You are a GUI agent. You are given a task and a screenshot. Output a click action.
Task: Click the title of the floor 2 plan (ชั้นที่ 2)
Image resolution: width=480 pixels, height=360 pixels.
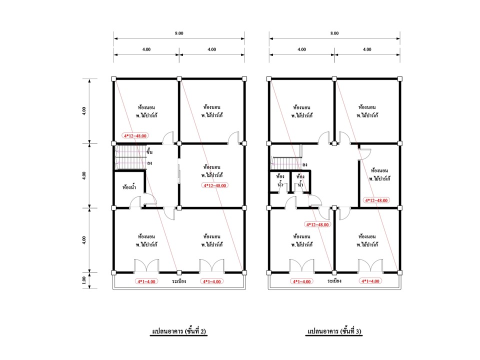coord(179,331)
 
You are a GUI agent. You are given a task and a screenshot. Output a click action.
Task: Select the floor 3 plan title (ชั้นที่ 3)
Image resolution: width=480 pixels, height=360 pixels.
coord(334,331)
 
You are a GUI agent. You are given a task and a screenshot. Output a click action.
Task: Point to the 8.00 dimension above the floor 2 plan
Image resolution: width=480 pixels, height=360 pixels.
coord(179,33)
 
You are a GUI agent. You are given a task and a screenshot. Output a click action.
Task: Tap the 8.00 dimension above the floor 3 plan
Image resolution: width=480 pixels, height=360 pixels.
coord(334,33)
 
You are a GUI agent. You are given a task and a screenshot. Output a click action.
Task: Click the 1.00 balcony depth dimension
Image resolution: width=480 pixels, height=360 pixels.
coord(84,280)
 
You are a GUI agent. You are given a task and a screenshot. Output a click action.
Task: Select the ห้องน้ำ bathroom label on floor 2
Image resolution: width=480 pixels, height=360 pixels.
coord(129,186)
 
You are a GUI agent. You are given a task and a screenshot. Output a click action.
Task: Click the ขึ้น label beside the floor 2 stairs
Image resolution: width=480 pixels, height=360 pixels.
coord(149,151)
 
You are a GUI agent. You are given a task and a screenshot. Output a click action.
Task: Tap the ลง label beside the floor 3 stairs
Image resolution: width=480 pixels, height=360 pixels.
coord(304,164)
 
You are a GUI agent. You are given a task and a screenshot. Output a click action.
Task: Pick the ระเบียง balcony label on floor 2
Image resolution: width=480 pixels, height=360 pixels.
coord(179,281)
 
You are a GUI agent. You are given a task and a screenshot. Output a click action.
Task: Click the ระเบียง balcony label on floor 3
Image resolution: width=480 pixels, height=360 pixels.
coord(334,280)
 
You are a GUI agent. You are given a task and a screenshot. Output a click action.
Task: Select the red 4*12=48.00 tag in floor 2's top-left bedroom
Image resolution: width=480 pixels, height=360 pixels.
coord(135,135)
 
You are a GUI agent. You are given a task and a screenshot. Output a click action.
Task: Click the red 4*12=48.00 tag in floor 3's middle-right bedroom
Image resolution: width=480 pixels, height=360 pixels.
coord(376,200)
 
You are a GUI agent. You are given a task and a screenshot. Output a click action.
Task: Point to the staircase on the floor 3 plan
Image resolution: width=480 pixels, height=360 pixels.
coord(286,163)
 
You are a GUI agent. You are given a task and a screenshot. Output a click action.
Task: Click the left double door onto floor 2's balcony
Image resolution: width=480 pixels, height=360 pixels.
coord(146,265)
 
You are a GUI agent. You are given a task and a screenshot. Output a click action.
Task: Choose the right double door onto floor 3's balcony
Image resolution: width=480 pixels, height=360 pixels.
coord(370,265)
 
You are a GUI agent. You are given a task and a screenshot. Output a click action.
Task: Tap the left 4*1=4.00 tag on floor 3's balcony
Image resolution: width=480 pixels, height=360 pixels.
coord(302,281)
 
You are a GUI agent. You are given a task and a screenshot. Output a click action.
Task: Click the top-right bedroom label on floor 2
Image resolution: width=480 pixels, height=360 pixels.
coord(212,111)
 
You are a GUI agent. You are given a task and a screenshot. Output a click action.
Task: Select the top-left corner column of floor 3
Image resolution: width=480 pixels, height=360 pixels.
coord(269,79)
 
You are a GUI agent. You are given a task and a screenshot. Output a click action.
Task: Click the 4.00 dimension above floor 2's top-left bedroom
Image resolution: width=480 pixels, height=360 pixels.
coord(146,49)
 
